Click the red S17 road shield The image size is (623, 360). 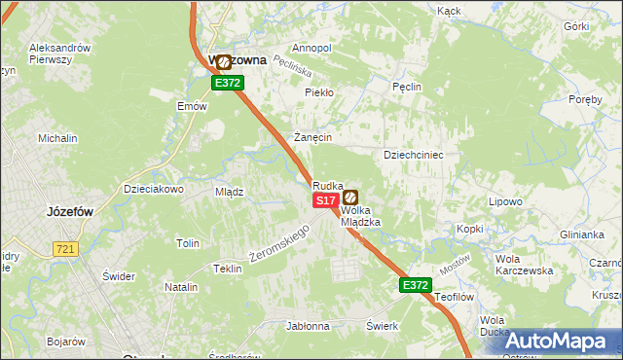click(x=326, y=199)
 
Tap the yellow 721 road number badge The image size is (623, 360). click(x=66, y=250)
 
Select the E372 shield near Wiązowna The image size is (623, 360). click(x=228, y=83)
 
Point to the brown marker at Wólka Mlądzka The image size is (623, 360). click(x=349, y=198)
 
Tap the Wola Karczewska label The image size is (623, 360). click(x=524, y=265)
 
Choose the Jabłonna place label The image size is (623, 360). click(x=306, y=326)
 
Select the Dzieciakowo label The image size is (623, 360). click(x=154, y=189)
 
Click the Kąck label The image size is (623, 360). click(x=449, y=11)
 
